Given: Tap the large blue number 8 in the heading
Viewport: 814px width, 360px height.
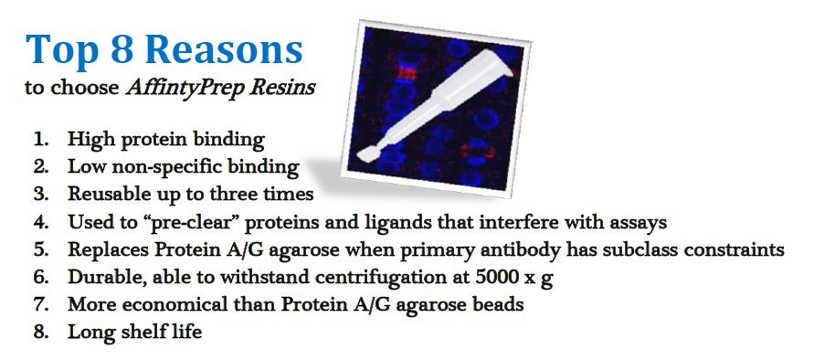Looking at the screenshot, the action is pyautogui.click(x=122, y=48).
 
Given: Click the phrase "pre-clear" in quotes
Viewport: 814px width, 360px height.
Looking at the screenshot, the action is pyautogui.click(x=197, y=223).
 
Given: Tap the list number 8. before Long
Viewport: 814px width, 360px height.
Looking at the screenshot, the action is pyautogui.click(x=40, y=332).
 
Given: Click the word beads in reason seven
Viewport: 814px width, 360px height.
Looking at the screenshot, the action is pyautogui.click(x=500, y=304).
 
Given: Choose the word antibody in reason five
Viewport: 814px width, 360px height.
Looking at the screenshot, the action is pyautogui.click(x=515, y=251).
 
